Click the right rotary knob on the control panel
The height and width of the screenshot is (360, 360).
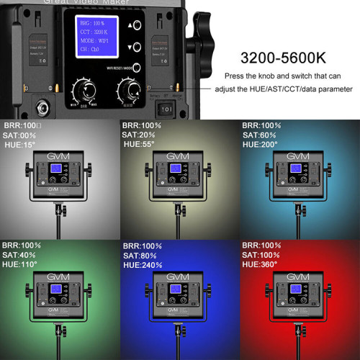tap(132, 91)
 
